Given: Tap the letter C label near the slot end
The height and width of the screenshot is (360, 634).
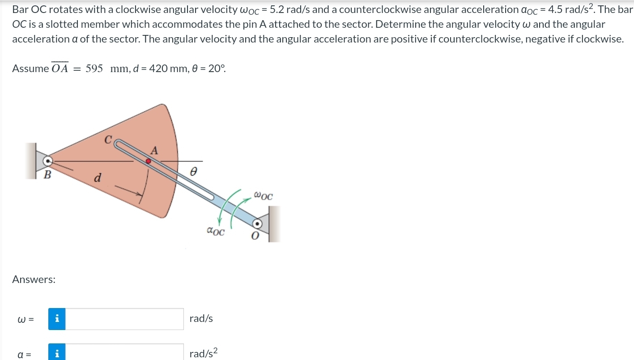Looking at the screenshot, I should [x=108, y=140].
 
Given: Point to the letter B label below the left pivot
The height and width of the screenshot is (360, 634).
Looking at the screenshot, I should [x=47, y=175].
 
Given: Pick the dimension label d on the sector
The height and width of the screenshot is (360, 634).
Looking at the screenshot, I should [x=97, y=178].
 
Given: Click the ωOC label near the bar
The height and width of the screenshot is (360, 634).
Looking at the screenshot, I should [x=263, y=196].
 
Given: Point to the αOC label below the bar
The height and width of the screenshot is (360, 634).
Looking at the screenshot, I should [x=216, y=231].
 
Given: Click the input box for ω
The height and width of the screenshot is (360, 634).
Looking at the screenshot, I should [x=124, y=319].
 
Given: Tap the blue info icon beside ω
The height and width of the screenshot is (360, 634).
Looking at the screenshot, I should [x=57, y=319].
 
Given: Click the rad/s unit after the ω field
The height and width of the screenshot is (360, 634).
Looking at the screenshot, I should [x=201, y=319].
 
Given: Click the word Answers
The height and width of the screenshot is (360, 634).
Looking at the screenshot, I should [x=34, y=280].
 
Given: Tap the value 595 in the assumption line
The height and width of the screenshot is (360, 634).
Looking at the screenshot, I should [x=94, y=69].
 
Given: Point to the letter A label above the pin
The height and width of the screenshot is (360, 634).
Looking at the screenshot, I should [x=154, y=151].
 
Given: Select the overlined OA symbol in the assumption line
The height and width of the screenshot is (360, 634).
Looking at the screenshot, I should [x=60, y=68].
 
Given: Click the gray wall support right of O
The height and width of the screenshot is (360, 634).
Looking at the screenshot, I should [x=274, y=224].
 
